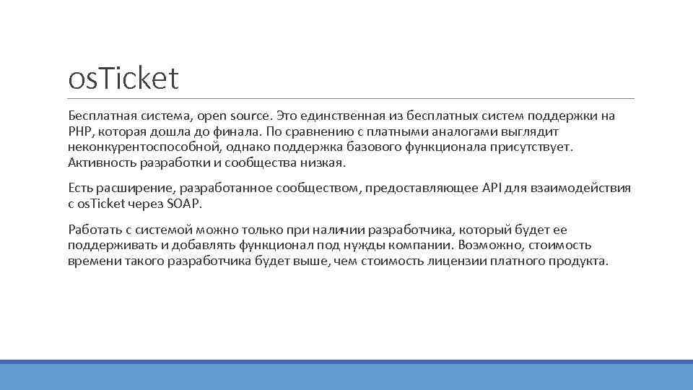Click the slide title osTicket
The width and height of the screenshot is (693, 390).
coord(123,79)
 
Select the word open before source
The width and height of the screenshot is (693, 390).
coord(212,116)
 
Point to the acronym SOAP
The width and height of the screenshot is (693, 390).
coord(186,204)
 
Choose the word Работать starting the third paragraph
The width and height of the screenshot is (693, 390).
coord(95,230)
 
